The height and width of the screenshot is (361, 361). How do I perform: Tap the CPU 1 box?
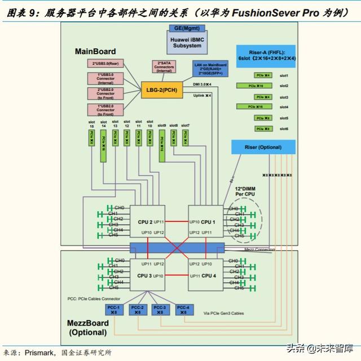click(x=206, y=221)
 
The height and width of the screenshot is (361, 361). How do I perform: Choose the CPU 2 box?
click(x=147, y=221)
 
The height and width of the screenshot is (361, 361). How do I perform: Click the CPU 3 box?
click(x=147, y=275)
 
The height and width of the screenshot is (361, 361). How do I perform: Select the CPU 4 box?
click(x=206, y=275)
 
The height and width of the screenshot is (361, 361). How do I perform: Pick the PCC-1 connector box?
click(x=114, y=309)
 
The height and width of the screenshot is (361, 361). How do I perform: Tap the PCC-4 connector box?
click(x=183, y=309)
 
